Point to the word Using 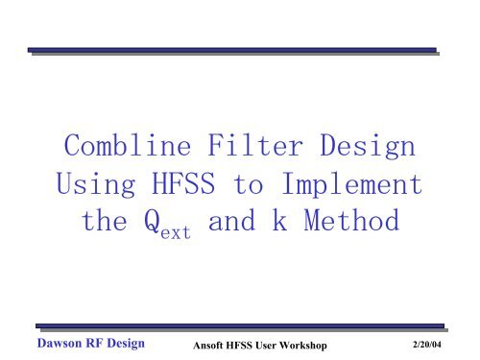[88, 184]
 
